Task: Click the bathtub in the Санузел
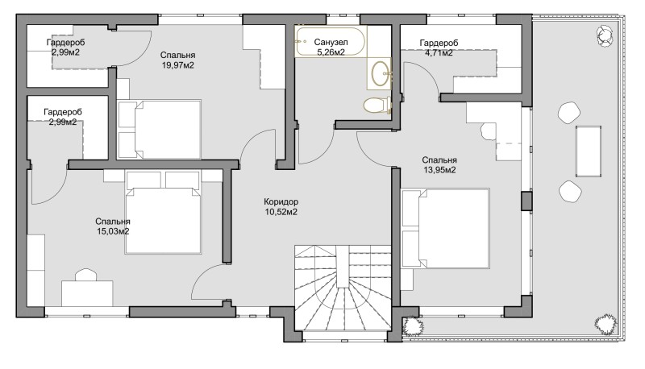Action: click(x=331, y=41)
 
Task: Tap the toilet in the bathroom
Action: click(x=377, y=105)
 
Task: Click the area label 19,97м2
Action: click(x=177, y=65)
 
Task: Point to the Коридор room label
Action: click(x=281, y=201)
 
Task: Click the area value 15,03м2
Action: click(x=113, y=231)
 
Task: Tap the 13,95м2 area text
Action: click(x=439, y=170)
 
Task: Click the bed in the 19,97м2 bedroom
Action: click(x=159, y=130)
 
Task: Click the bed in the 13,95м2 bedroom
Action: click(x=446, y=229)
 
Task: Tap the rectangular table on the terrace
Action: click(x=589, y=151)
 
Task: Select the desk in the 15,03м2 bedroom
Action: click(x=87, y=293)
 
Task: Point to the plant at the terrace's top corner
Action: click(x=605, y=35)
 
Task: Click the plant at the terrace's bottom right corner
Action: click(x=605, y=325)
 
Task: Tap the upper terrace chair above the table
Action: click(x=569, y=112)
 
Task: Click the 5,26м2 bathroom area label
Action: click(x=331, y=52)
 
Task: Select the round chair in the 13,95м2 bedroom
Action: click(x=489, y=131)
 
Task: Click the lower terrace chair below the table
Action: click(x=570, y=191)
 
